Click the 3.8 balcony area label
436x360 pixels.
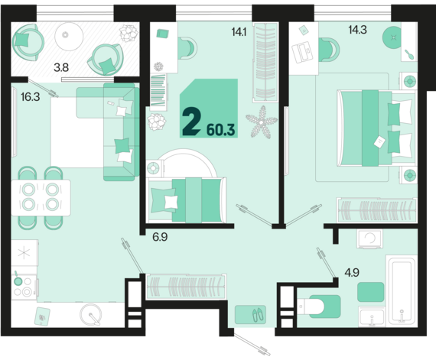click(61, 67)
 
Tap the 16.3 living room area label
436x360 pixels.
click(31, 97)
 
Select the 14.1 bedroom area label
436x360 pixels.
click(239, 32)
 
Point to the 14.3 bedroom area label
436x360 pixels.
click(357, 30)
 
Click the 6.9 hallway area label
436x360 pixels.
click(160, 237)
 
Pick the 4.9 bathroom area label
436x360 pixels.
click(352, 273)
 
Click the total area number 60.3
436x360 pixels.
click(221, 130)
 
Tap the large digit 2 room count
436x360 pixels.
click(191, 122)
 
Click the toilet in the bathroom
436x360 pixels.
click(319, 306)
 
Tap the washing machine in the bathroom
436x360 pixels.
click(370, 238)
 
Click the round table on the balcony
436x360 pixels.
click(69, 36)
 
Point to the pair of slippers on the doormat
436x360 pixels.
click(258, 315)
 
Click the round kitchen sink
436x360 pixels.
click(91, 315)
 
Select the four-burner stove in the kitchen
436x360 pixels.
click(24, 287)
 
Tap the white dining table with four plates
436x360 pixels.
click(41, 198)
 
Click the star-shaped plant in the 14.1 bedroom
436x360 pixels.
click(262, 122)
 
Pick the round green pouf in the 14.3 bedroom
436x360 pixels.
click(393, 37)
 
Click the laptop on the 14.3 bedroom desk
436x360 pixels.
click(303, 52)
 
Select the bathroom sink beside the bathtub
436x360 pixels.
click(372, 316)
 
